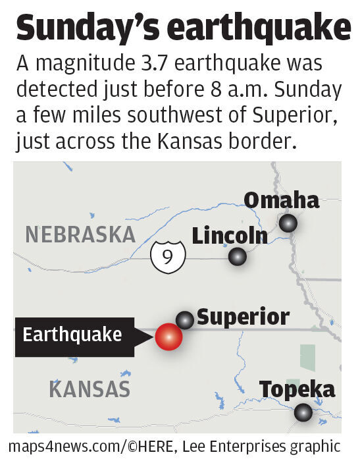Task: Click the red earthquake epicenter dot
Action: pyautogui.click(x=168, y=337)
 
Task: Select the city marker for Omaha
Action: pyautogui.click(x=288, y=224)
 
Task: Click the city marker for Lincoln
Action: pyautogui.click(x=237, y=257)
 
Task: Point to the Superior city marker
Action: pyautogui.click(x=185, y=320)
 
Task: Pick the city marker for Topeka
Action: pyautogui.click(x=303, y=413)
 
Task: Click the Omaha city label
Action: pyautogui.click(x=281, y=200)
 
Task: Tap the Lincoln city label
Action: pyautogui.click(x=229, y=236)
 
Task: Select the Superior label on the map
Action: pyautogui.click(x=243, y=317)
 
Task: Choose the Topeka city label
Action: pyautogui.click(x=297, y=389)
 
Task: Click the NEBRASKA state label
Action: pyautogui.click(x=80, y=234)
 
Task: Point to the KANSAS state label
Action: pyautogui.click(x=90, y=389)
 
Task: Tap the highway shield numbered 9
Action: pyautogui.click(x=167, y=256)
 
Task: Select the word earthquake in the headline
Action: pyautogui.click(x=259, y=29)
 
